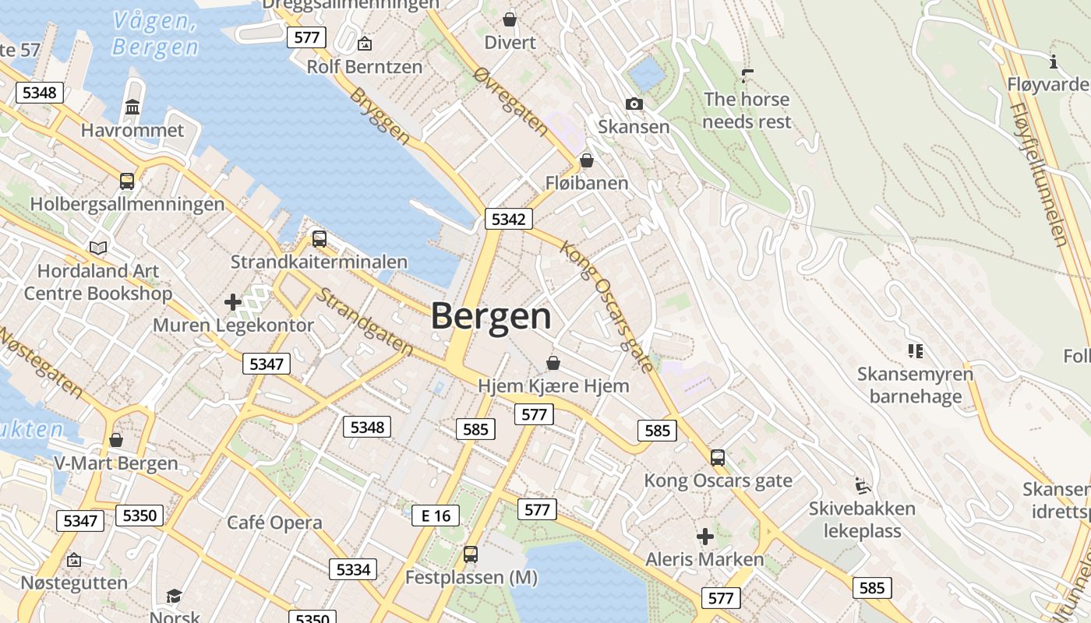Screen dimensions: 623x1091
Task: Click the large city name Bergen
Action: [491, 316]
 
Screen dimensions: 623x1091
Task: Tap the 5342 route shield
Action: [508, 220]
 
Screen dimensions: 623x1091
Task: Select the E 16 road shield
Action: [436, 516]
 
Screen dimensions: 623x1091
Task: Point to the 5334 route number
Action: [352, 569]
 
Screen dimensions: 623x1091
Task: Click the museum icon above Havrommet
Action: [132, 107]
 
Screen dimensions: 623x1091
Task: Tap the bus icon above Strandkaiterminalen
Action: [319, 238]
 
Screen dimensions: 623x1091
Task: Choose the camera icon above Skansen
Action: [634, 104]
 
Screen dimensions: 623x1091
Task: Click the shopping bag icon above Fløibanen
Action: [586, 160]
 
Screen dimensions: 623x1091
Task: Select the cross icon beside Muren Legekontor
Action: [232, 301]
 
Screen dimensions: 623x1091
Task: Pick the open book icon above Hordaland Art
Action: [98, 248]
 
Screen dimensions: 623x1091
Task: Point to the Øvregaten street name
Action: [511, 99]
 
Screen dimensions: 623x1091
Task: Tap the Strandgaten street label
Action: [364, 322]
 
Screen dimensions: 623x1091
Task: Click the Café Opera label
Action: [274, 523]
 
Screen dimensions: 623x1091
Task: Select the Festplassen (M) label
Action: [471, 578]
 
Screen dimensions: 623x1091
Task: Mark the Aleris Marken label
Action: [704, 559]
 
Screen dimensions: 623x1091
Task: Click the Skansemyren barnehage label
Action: [915, 385]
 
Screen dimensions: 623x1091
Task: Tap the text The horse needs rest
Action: [747, 111]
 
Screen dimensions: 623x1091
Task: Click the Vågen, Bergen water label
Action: [155, 33]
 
